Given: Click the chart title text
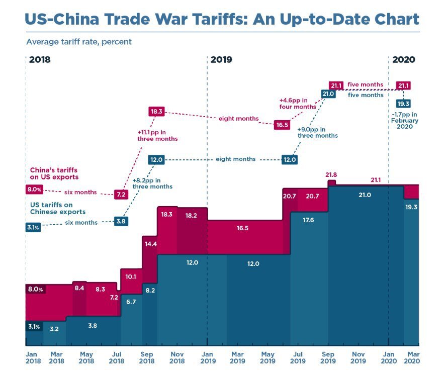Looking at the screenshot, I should click(x=222, y=19).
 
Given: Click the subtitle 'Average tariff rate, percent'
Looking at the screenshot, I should click(x=79, y=42).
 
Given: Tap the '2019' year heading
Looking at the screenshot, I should click(x=221, y=60).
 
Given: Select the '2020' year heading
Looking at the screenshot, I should click(x=403, y=60).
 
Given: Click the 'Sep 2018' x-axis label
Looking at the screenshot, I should click(x=146, y=357).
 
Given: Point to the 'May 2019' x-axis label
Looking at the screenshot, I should click(x=267, y=357).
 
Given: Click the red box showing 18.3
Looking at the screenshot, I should click(x=157, y=112).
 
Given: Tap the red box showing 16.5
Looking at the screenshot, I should click(x=282, y=125).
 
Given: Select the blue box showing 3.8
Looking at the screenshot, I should click(x=121, y=221).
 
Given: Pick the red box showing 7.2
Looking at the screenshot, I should click(x=121, y=194).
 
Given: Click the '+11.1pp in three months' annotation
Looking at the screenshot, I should click(x=157, y=135).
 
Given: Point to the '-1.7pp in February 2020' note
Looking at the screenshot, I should click(x=405, y=121).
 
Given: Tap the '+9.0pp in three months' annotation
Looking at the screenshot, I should click(x=317, y=132).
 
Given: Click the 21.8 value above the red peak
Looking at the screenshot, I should click(x=331, y=175).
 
